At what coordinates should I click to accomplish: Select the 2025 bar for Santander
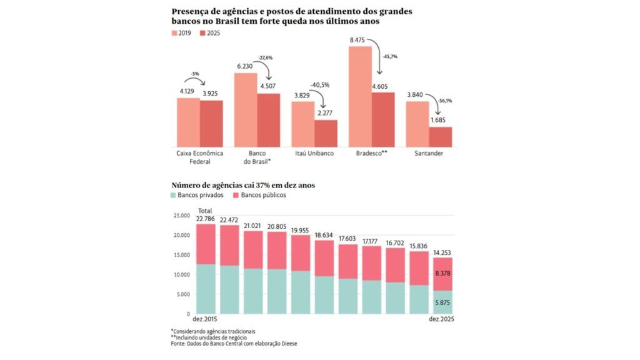tap(440, 136)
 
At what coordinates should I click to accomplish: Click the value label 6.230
tap(246, 66)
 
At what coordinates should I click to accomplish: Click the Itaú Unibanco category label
tap(314, 153)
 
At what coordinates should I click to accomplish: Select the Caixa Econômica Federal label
tap(199, 157)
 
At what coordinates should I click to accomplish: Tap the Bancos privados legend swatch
tap(174, 195)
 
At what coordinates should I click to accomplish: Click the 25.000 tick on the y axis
tap(181, 216)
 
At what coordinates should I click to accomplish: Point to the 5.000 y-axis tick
tap(182, 294)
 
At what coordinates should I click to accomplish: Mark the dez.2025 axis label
tap(442, 320)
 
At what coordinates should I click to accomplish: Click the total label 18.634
tap(325, 235)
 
